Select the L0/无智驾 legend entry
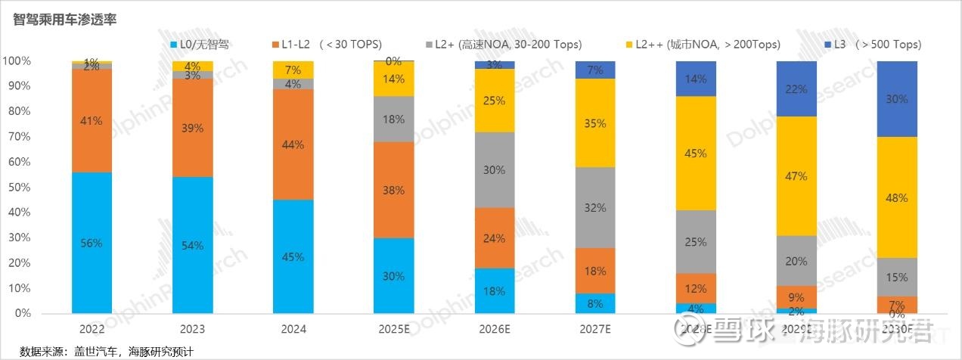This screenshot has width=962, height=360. coord(200,45)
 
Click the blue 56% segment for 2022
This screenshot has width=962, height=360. coord(92,243)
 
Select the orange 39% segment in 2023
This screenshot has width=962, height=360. coord(192,128)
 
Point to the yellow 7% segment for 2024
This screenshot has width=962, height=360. coord(293,70)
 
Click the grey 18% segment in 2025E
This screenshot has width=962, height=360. coord(393,119)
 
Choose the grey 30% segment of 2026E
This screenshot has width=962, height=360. coord(495,170)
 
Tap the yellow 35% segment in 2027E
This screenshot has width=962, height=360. coord(595,123)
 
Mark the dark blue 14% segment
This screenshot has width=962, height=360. coord(696,79)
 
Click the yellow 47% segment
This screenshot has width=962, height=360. coord(796,176)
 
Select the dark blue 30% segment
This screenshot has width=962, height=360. coord(897,99)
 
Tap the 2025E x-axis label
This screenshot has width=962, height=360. coord(393,330)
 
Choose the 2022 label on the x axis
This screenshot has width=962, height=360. coord(92,330)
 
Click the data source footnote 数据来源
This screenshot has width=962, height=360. coord(106,352)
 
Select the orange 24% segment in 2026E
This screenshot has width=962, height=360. coord(495,238)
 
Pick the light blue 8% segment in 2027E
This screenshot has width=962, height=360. coord(595,303)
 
